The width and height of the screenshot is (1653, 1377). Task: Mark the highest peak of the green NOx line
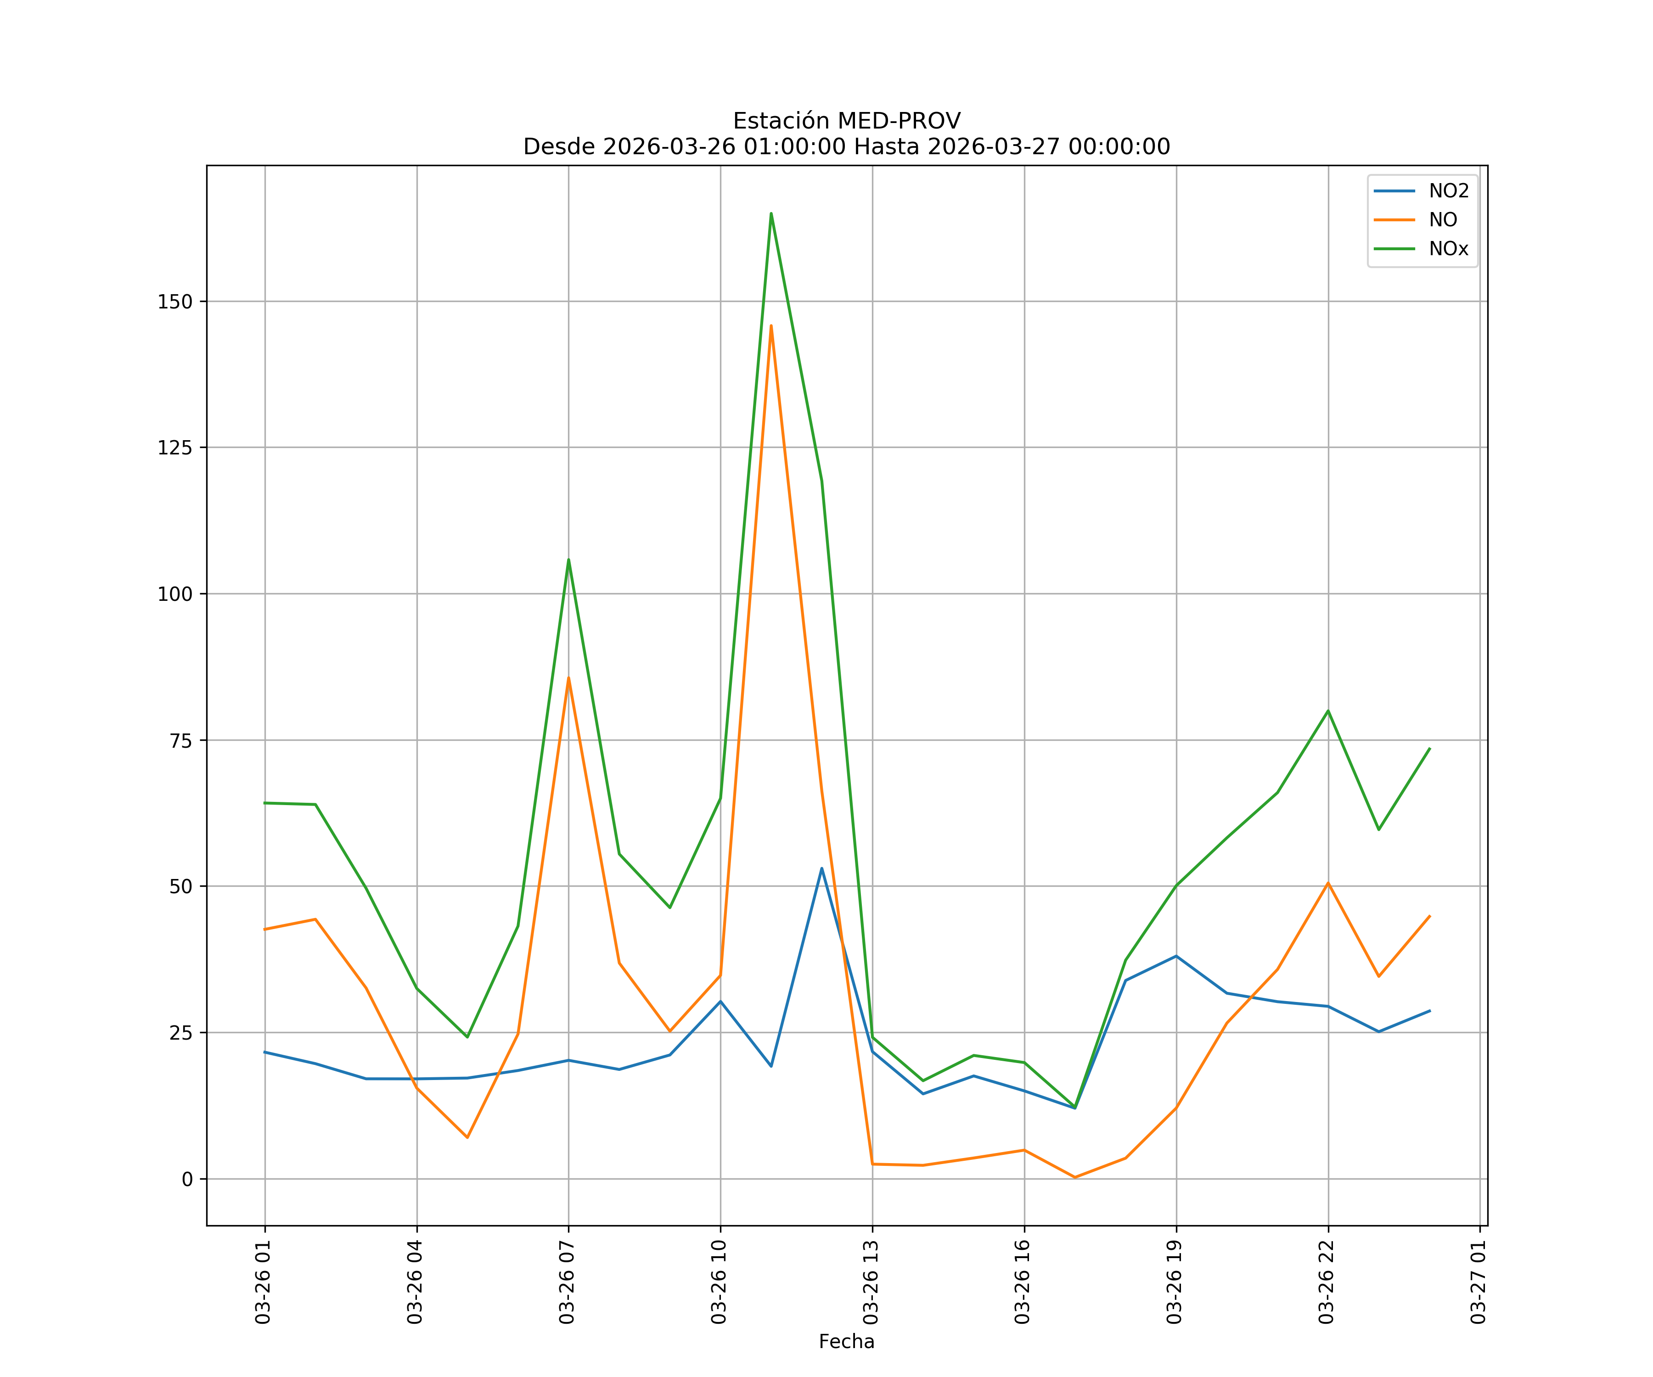tap(770, 213)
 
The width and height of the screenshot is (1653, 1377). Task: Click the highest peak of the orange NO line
tap(770, 326)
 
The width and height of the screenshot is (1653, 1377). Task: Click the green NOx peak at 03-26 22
tap(1328, 711)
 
